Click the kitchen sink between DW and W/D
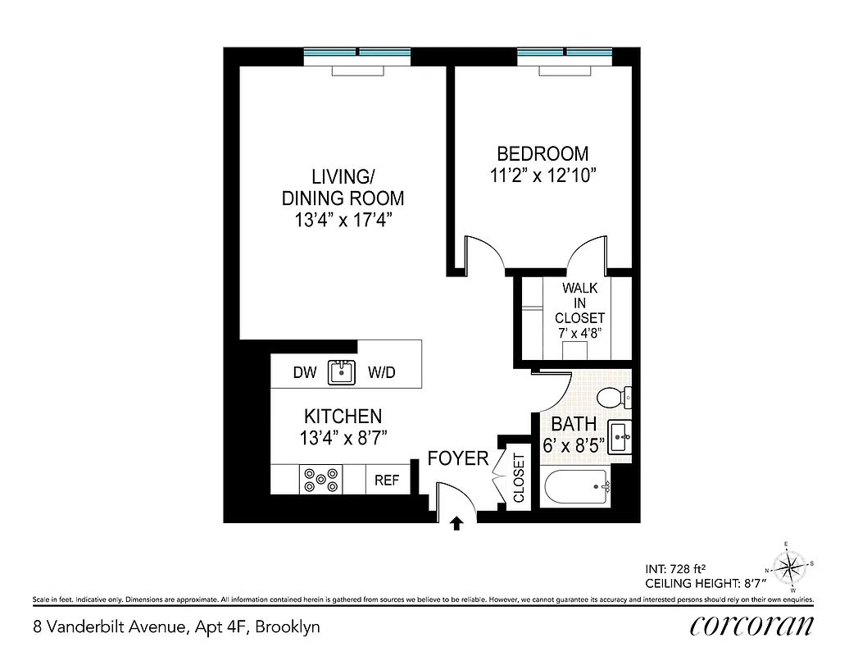tap(341, 372)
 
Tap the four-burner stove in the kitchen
tap(321, 480)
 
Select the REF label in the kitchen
tap(387, 481)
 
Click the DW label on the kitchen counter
tap(304, 373)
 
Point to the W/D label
tap(381, 373)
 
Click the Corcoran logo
tap(751, 626)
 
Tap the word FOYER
tap(458, 459)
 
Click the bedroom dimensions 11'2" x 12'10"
tap(543, 175)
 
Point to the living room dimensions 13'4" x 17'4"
tap(343, 221)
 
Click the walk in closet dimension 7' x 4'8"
tap(579, 334)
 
